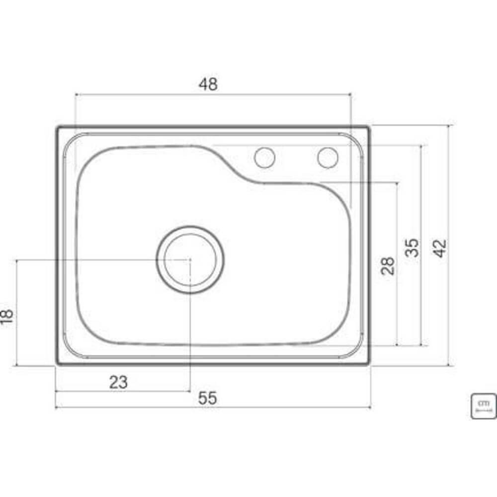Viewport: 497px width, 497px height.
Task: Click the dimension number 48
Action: click(x=208, y=84)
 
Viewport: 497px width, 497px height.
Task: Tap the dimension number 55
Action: click(x=208, y=398)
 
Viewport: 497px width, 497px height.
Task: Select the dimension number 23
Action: click(x=118, y=382)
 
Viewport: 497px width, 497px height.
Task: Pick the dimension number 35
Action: click(x=412, y=247)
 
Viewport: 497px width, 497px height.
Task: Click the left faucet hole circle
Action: click(x=264, y=158)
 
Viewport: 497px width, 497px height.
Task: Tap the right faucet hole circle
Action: click(x=328, y=158)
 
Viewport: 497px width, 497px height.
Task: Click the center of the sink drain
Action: click(x=190, y=259)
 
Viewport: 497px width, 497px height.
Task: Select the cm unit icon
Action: click(x=483, y=406)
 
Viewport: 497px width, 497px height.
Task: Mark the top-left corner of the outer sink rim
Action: click(x=57, y=127)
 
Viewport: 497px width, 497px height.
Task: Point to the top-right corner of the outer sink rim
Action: click(x=369, y=127)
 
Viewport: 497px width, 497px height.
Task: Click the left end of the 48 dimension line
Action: click(x=75, y=94)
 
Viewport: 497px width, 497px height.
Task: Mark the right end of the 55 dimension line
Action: click(x=370, y=407)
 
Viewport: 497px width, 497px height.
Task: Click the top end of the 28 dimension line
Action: click(x=397, y=183)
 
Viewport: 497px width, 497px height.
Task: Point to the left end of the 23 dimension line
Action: click(x=56, y=391)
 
